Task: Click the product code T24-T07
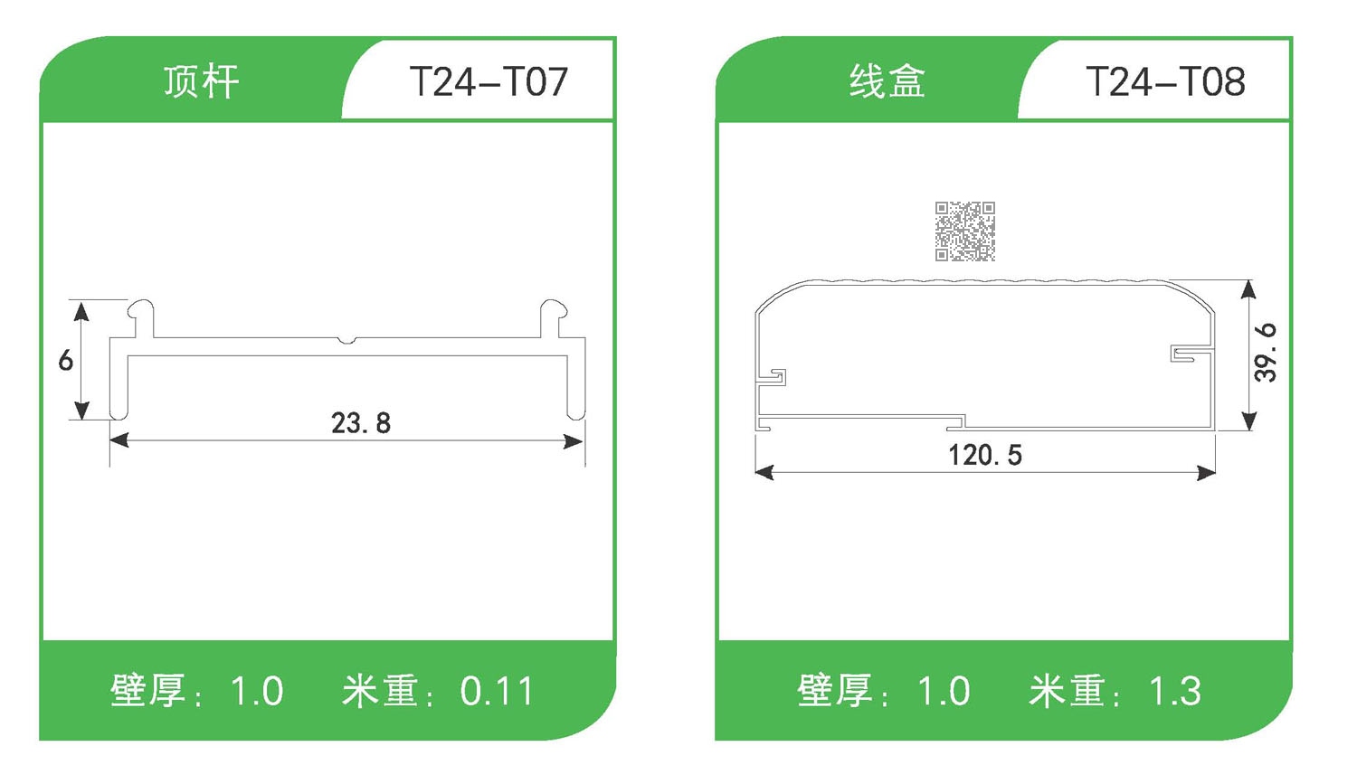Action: click(x=489, y=82)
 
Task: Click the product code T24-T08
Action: click(x=1165, y=82)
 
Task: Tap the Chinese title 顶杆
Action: click(x=201, y=81)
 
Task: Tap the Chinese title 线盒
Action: click(x=887, y=81)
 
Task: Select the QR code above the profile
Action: click(x=965, y=231)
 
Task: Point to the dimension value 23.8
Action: click(x=360, y=423)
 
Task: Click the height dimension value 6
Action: click(x=65, y=361)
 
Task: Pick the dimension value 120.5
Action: click(x=985, y=455)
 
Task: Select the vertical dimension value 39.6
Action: click(x=1266, y=353)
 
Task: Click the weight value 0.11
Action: click(x=497, y=692)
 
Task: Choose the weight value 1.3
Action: click(x=1175, y=692)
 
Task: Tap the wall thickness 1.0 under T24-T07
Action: click(x=257, y=692)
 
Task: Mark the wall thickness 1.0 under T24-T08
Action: click(x=944, y=692)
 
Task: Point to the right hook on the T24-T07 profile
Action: click(x=554, y=312)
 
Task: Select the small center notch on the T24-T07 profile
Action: click(x=347, y=341)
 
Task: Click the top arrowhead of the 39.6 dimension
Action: click(x=1249, y=289)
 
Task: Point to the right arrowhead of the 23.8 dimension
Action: click(x=574, y=441)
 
